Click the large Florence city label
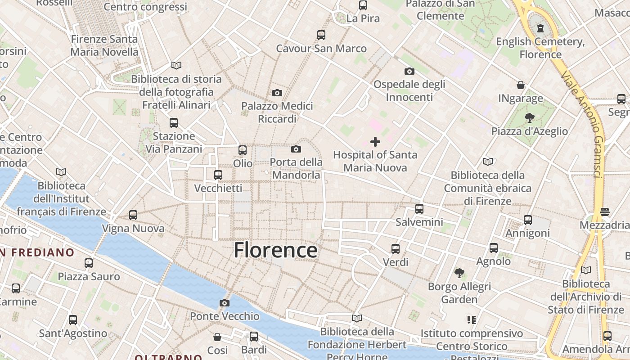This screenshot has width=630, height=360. [275, 250]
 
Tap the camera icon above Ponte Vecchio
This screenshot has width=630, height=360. [225, 303]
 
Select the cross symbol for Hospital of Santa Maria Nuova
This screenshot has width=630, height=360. [375, 142]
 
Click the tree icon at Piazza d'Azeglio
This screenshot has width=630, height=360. [529, 118]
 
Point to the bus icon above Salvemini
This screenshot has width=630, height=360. [419, 208]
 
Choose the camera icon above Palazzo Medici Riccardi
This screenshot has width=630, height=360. [277, 93]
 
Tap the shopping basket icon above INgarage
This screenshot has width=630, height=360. [521, 85]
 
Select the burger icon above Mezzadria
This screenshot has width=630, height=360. [605, 211]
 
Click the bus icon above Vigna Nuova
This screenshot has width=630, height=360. [133, 215]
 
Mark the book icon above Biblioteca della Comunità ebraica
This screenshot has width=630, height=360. [488, 162]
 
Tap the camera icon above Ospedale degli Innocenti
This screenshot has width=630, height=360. [409, 71]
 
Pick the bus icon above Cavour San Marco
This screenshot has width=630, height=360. [321, 35]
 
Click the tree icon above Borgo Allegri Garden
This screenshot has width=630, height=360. [459, 273]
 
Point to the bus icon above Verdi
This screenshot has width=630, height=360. [396, 248]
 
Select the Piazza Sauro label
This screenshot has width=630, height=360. [89, 276]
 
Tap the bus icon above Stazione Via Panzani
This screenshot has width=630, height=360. [174, 122]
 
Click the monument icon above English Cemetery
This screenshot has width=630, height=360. [540, 28]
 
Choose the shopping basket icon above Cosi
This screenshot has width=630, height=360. [217, 337]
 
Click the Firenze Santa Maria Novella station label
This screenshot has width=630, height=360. [104, 45]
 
